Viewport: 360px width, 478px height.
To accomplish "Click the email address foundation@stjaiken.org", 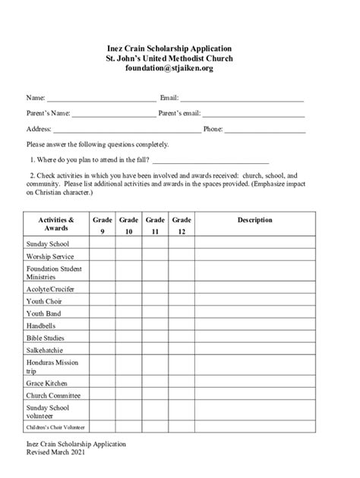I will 180,69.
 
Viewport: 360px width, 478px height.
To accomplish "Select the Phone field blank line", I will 265,131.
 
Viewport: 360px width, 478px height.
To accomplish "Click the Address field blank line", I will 127,131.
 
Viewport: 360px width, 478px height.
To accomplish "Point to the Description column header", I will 254,220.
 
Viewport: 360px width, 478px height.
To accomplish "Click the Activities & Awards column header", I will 56,224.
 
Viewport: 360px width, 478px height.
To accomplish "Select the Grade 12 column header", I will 182,225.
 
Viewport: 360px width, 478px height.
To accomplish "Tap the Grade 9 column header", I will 102,225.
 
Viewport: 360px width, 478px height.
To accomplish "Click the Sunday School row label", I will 47,244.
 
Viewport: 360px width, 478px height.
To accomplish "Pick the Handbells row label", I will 43,325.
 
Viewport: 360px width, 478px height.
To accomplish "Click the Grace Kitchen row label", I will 47,383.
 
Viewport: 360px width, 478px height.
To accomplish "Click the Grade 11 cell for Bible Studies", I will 155,337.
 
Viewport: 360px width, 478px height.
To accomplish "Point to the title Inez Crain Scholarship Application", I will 180,48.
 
